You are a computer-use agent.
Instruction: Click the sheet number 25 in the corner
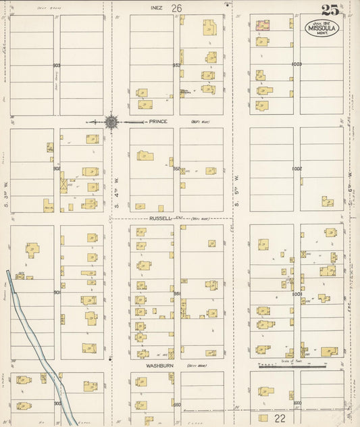(330, 9)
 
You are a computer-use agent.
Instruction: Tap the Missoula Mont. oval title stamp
(320, 28)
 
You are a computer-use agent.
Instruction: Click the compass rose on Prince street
(111, 122)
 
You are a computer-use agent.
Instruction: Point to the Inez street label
(157, 7)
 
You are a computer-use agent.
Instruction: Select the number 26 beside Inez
(177, 8)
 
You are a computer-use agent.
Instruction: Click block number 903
(57, 66)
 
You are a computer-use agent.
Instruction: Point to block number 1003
(296, 64)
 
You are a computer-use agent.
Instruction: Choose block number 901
(57, 293)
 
